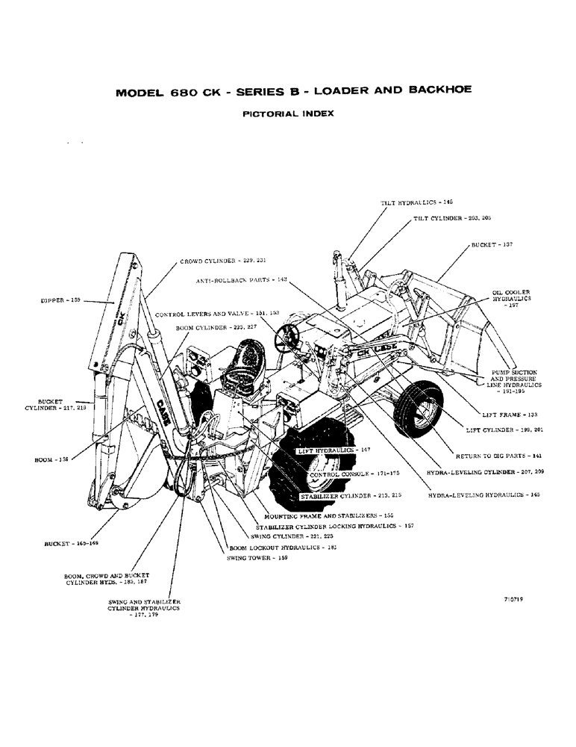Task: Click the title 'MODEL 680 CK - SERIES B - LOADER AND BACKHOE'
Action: [293, 94]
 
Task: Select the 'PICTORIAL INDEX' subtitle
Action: [289, 114]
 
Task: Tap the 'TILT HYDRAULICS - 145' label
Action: [417, 202]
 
